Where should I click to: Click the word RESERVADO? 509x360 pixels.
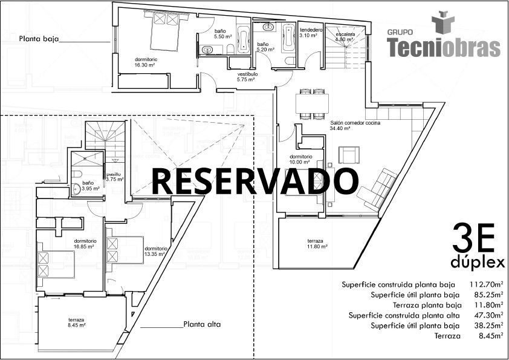254,180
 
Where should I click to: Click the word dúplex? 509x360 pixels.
478,263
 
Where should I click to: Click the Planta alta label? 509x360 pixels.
202,324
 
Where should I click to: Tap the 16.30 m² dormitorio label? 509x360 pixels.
146,62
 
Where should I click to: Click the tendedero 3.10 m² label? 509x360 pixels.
311,33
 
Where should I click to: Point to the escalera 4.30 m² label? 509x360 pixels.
345,37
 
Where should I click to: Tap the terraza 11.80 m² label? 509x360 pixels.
317,243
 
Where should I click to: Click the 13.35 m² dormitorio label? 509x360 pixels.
155,251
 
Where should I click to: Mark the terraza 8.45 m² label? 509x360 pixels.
76,322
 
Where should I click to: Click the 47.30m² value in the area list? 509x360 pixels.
487,315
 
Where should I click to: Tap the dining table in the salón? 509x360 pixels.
311,103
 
